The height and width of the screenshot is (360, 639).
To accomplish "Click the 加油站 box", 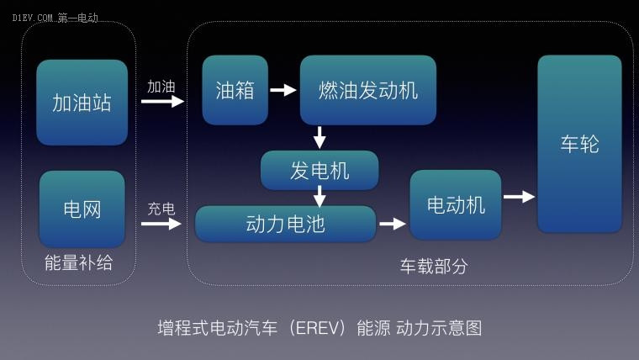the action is pos(82,103).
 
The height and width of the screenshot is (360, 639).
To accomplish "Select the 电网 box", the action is pos(82,209).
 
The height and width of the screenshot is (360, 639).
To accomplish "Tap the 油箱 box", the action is pos(235,90).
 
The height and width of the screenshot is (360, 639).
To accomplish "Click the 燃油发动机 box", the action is pos(368,90).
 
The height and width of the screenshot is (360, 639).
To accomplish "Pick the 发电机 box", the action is pos(319,171).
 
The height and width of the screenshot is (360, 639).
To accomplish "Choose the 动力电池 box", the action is pos(285,224).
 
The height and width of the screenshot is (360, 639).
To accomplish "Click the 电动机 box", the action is pos(456,204).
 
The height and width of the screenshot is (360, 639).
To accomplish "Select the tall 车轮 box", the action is pos(579,144).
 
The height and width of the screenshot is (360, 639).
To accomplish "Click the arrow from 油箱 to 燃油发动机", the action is pos(283,90).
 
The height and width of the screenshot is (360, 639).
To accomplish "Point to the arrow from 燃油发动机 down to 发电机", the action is pos(319,137).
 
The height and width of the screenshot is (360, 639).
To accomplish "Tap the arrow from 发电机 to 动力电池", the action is pos(319,197).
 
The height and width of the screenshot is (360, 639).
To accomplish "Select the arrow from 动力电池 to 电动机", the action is pos(393,224).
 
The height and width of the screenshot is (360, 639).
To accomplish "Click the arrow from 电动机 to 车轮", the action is pos(520,197).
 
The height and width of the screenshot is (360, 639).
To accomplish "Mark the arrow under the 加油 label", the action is pos(162,101).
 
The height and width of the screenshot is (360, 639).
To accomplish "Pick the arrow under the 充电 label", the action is pos(161,224).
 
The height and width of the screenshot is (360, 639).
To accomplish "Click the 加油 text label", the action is pos(161,87).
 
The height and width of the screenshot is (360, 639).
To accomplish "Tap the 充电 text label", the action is pos(161,209).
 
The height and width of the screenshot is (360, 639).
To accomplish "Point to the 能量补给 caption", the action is pos(79,262).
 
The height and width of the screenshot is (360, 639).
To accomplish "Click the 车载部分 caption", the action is pos(434,267).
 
